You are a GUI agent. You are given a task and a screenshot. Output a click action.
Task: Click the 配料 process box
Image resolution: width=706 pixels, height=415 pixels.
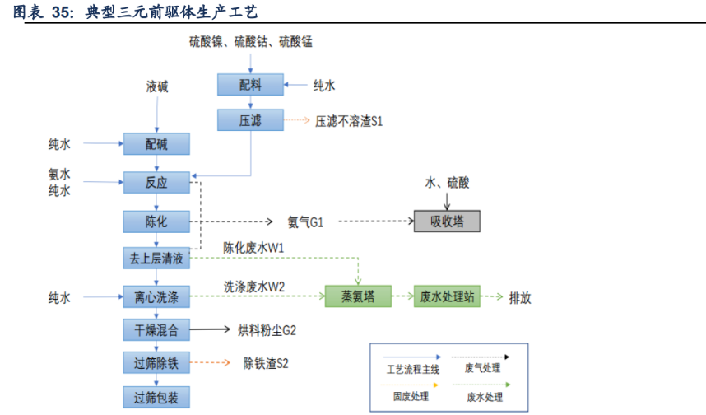(x=250, y=85)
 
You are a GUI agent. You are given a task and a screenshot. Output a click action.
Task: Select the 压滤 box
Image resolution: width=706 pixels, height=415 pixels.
(x=250, y=120)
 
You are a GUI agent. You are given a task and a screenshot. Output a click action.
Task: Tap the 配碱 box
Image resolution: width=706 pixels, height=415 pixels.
(x=156, y=144)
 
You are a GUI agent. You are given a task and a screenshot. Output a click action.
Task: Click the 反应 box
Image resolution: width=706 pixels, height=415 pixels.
(x=156, y=183)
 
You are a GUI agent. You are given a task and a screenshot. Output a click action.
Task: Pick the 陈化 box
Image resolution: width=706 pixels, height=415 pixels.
(x=156, y=221)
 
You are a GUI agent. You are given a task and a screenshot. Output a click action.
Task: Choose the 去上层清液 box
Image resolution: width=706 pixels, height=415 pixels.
(x=156, y=259)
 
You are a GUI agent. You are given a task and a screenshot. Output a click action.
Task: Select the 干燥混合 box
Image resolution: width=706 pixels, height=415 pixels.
(x=156, y=330)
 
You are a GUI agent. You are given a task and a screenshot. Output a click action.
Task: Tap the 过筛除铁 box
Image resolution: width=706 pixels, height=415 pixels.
(x=156, y=362)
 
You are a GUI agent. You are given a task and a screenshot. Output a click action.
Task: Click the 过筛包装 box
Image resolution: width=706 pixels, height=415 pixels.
(x=156, y=398)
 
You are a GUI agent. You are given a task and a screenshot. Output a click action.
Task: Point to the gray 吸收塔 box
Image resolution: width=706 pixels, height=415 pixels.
(x=447, y=221)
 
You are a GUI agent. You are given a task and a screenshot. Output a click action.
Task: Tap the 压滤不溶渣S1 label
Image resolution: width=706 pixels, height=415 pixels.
(x=349, y=121)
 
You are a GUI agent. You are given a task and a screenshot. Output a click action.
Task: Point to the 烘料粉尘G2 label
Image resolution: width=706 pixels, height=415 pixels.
(x=267, y=331)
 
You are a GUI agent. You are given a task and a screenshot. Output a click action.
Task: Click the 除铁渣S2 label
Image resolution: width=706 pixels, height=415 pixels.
(x=266, y=363)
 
